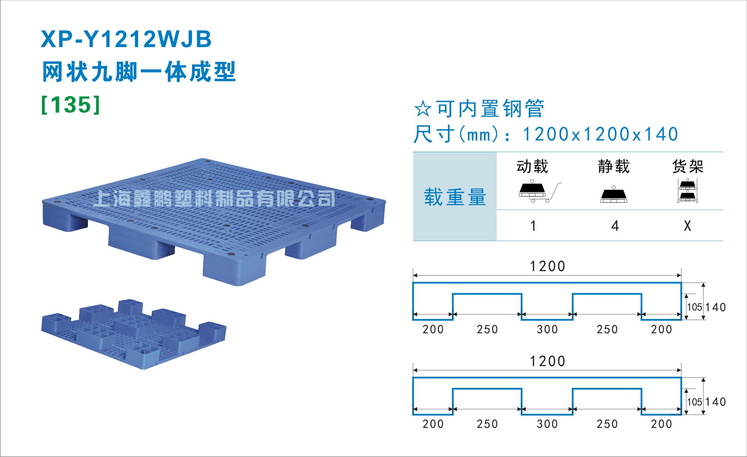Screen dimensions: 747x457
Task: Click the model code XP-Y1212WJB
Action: coord(126,39)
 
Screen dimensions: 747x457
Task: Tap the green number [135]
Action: coord(71,105)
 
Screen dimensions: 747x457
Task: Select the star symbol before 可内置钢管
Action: coord(423,109)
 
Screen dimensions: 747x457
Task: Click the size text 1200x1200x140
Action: coord(600,134)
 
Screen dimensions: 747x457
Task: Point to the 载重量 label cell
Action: coord(455,197)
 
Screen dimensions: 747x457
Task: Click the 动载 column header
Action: coord(532,166)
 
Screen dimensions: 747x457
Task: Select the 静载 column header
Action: coord(614,166)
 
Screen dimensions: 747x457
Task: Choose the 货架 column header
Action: coord(688,166)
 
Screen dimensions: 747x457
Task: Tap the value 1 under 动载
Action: coord(533,226)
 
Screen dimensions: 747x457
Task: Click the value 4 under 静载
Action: coord(615,226)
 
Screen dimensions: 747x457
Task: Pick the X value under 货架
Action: coord(687,226)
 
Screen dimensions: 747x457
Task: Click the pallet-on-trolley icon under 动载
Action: coord(540,191)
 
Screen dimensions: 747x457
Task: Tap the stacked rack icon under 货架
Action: coord(687,190)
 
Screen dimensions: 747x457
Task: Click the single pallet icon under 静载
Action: coord(614,194)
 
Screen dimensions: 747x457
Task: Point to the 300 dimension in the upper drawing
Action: coord(547,329)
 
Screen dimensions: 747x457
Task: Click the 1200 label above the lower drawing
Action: coord(547,361)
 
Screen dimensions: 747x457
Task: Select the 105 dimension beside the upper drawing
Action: coord(695,307)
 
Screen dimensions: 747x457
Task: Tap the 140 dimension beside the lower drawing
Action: coord(716,402)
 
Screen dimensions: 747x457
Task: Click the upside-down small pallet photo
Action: coord(134,334)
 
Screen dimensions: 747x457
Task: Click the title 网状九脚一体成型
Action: coord(139,72)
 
